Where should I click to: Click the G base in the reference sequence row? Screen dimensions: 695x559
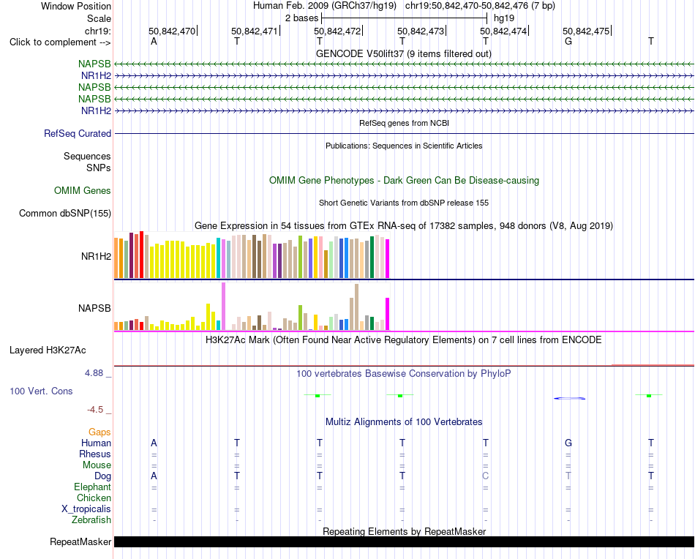[568, 41]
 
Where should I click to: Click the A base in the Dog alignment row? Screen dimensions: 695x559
[154, 476]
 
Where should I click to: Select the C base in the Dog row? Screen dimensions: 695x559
[485, 476]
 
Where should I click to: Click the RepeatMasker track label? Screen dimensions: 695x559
[80, 541]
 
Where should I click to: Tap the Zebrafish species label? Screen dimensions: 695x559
[91, 519]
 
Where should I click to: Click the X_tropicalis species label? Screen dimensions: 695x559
[86, 509]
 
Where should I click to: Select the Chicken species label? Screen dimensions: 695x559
[94, 498]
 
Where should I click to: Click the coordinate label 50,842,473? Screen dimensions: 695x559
[420, 31]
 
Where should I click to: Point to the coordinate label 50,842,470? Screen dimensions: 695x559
[171, 31]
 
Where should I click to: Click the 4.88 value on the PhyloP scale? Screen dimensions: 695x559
[94, 373]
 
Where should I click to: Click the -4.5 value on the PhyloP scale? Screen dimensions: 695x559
[95, 409]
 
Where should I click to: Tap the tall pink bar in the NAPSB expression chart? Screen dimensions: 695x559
[223, 307]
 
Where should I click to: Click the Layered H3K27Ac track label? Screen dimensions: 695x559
[48, 350]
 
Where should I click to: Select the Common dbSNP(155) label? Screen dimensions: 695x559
[65, 213]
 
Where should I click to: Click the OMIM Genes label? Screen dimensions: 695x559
[83, 191]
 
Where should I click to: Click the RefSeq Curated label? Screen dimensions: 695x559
[78, 133]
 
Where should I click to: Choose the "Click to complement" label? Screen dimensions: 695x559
[60, 42]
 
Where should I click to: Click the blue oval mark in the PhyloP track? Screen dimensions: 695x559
[570, 398]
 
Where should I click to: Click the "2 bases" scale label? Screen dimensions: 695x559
[301, 18]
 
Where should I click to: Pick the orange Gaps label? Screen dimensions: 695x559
[99, 432]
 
